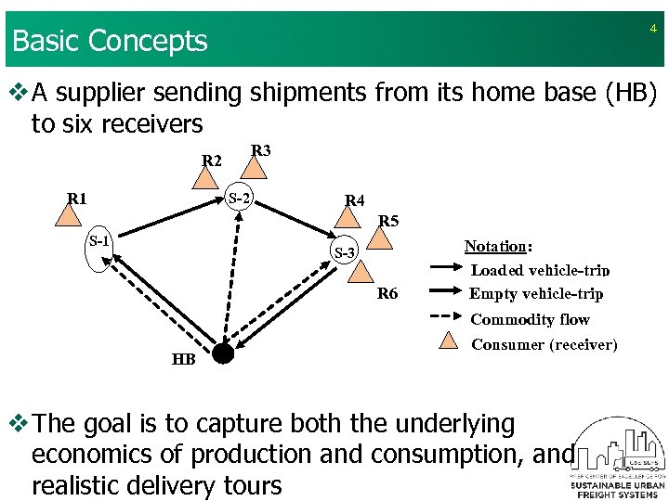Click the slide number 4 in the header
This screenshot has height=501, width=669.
[x=652, y=30]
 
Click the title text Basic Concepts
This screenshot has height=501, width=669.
[x=110, y=41]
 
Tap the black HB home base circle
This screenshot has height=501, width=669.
[x=222, y=353]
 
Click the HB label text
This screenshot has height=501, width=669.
[x=183, y=360]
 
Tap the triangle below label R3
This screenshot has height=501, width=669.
[x=253, y=170]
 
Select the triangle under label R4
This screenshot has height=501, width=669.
[x=348, y=216]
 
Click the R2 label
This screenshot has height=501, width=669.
[x=212, y=161]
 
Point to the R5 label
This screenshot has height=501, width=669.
[x=388, y=222]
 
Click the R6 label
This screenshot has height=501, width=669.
[x=387, y=294]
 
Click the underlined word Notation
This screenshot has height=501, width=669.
[x=494, y=246]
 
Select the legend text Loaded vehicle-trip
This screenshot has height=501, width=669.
[x=540, y=270]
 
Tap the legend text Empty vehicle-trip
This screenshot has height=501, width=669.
[x=536, y=294]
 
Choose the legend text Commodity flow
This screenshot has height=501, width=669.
[x=530, y=319]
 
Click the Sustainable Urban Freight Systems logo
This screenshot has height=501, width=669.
[x=612, y=459]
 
